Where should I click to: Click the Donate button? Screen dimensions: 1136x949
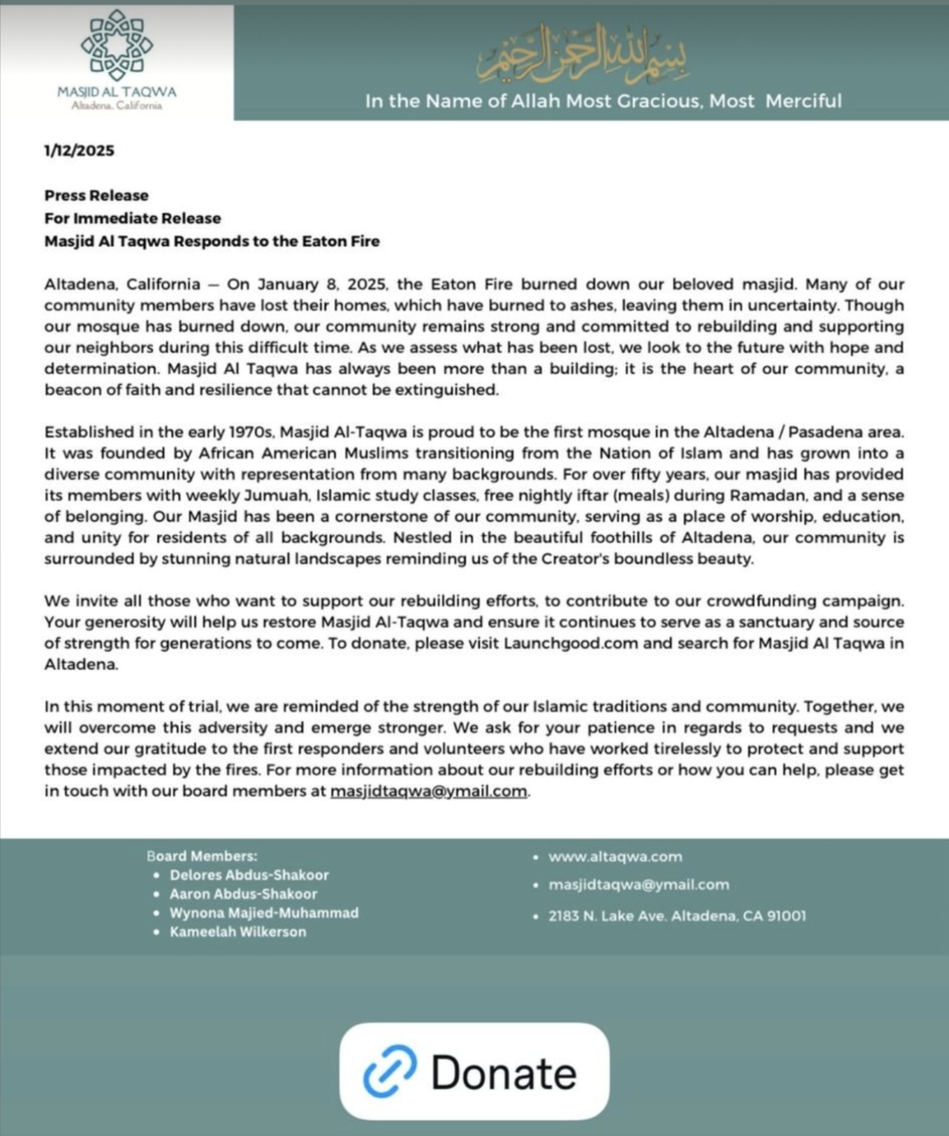pyautogui.click(x=474, y=1071)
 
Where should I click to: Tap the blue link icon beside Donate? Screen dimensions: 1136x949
pyautogui.click(x=390, y=1071)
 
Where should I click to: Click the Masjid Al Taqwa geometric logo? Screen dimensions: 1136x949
pyautogui.click(x=116, y=46)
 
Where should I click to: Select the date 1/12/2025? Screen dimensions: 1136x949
pyautogui.click(x=79, y=151)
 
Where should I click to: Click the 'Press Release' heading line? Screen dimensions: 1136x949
pyautogui.click(x=97, y=196)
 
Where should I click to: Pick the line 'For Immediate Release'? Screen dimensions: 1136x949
pyautogui.click(x=132, y=218)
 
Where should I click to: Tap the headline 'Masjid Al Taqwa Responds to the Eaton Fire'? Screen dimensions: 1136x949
pyautogui.click(x=212, y=241)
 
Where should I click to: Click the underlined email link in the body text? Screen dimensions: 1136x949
pyautogui.click(x=428, y=791)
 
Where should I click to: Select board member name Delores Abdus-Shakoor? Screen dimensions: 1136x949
pyautogui.click(x=249, y=875)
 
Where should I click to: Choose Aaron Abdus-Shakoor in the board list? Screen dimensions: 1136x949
pyautogui.click(x=243, y=894)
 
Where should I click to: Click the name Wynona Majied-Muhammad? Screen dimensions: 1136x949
pyautogui.click(x=264, y=913)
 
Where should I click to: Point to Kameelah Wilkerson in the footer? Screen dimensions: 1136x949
pyautogui.click(x=238, y=932)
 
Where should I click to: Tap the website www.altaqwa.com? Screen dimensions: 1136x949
pyautogui.click(x=615, y=857)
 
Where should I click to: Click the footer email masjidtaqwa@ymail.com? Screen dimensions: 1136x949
pyautogui.click(x=639, y=885)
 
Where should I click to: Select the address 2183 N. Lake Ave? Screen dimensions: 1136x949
pyautogui.click(x=677, y=916)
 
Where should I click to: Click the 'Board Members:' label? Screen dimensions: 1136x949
pyautogui.click(x=202, y=856)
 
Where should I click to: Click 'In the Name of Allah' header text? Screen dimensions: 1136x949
pyautogui.click(x=603, y=101)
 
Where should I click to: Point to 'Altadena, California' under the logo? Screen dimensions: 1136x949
pyautogui.click(x=116, y=106)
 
